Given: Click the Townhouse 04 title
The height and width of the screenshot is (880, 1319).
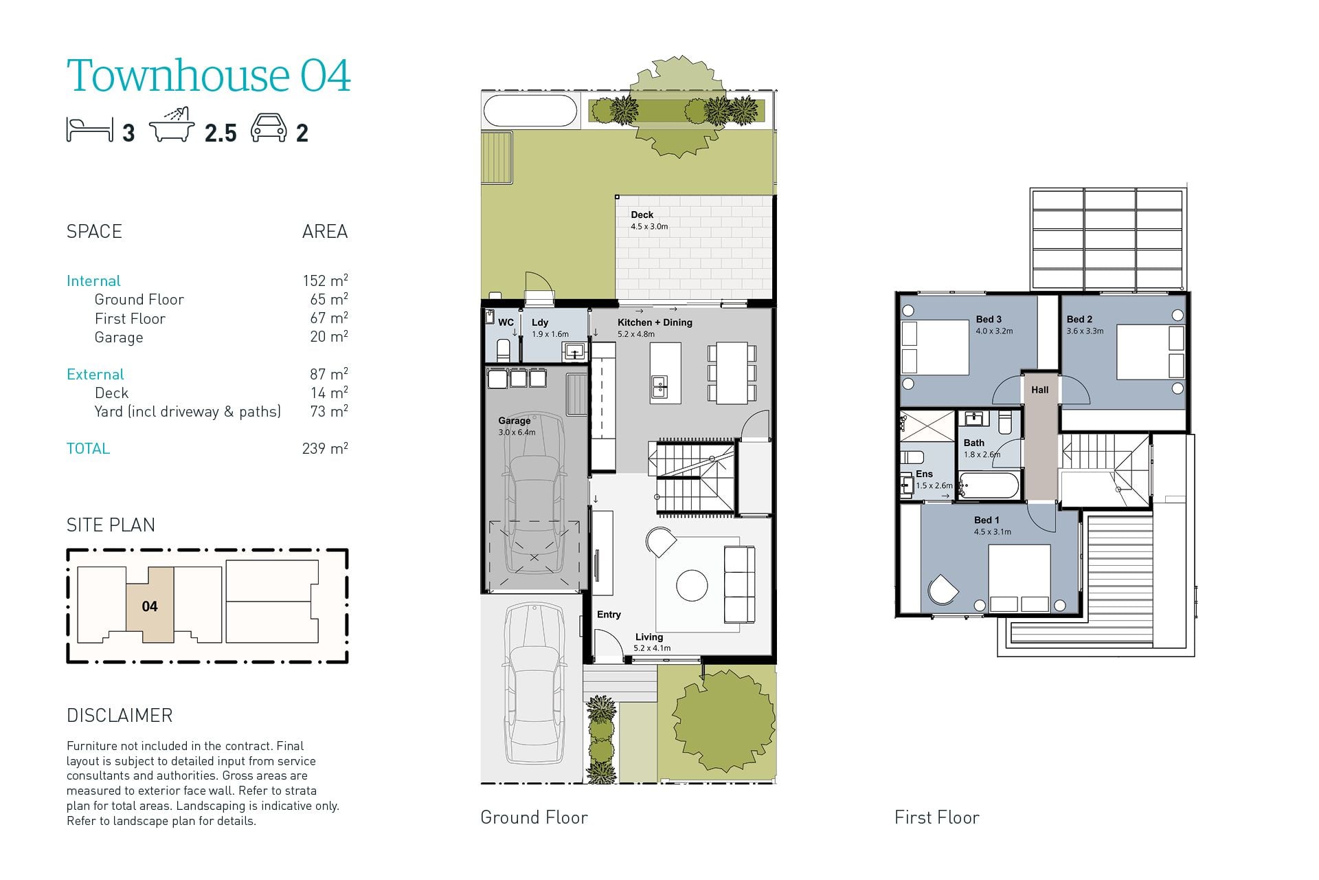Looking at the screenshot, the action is pos(209,75).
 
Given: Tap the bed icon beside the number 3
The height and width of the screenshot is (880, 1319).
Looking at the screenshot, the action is pos(89,129).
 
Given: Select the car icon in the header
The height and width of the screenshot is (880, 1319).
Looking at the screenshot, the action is pos(269,128).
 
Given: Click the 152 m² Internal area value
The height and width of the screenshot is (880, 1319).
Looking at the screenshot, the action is pos(325,280).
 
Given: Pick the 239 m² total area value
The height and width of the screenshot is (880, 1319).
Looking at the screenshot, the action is pos(325,448).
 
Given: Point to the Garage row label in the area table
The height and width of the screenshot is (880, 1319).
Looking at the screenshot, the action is pos(119,338).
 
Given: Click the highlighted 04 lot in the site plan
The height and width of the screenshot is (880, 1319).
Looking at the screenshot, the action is pos(150,605).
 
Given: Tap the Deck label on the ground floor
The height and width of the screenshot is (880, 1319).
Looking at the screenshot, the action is pos(642,214).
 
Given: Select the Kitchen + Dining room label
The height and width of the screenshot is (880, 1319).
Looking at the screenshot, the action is pos(655,322).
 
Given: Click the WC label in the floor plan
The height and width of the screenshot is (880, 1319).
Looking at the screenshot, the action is pos(506,322).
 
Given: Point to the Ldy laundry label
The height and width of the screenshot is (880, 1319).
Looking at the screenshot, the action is pos(539,322).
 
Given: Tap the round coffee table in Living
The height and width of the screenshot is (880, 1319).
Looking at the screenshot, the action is pos(692,586).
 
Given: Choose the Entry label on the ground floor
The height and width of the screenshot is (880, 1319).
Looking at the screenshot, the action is pos(609,615).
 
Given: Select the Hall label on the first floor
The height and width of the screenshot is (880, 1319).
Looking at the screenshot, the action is pos(1039,390).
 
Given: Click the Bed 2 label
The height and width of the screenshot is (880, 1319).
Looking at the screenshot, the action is pos(1079,319).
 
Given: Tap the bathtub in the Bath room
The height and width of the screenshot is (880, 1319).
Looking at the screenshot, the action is pos(989,486).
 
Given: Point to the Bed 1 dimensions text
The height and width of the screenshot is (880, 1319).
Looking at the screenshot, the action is pos(992,531).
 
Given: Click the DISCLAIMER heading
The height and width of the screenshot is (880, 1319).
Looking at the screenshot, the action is pos(120,716).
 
